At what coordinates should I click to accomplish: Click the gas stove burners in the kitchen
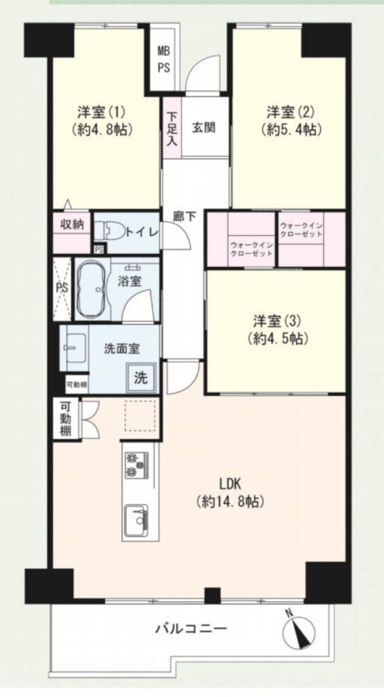click(x=135, y=464)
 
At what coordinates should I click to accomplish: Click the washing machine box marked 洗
click(x=141, y=378)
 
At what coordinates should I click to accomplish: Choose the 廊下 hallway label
click(x=184, y=217)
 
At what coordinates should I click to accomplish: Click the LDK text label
click(x=229, y=484)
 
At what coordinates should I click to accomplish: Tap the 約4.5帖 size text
click(x=276, y=340)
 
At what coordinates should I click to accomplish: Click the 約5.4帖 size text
click(x=292, y=130)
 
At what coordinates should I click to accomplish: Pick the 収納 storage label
click(x=72, y=225)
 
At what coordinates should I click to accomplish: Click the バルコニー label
click(x=191, y=628)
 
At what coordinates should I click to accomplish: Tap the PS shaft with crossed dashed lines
click(x=62, y=288)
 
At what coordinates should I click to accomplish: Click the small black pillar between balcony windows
click(x=212, y=595)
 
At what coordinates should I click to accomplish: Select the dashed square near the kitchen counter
click(x=141, y=415)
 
